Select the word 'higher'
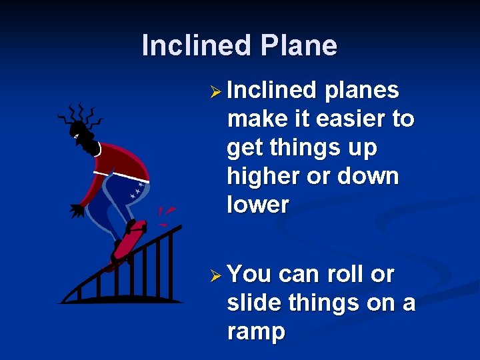coord(265,177)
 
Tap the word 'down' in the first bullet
coord(369,177)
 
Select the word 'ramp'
coord(256,332)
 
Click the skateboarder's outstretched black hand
coord(77,211)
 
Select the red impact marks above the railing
coord(165,214)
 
